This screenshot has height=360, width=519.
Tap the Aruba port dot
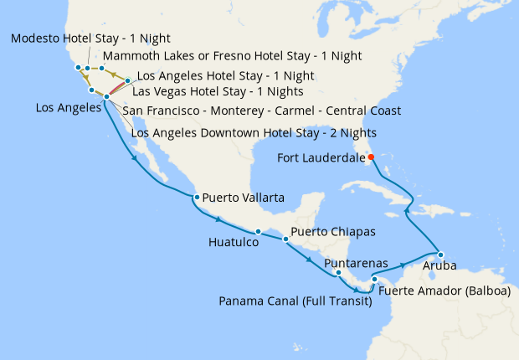click(440, 254)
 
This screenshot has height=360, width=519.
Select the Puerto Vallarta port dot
click(195, 198)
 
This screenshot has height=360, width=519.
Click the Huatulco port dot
click(258, 231)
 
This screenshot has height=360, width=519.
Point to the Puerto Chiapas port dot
click(285, 239)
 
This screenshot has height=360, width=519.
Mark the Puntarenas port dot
click(337, 272)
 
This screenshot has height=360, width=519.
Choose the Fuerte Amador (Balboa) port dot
click(374, 280)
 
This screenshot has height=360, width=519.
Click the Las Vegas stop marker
click(127, 81)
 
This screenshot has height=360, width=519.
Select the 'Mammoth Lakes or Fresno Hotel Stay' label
click(232, 57)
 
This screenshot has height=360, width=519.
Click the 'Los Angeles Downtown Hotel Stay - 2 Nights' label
click(254, 132)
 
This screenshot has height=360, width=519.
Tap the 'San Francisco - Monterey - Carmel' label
click(261, 111)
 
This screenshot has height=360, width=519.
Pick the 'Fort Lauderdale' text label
click(321, 157)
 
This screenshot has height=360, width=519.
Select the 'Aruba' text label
click(440, 268)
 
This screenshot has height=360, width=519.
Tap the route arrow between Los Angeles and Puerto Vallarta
click(135, 157)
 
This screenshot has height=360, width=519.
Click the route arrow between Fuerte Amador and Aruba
click(403, 265)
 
